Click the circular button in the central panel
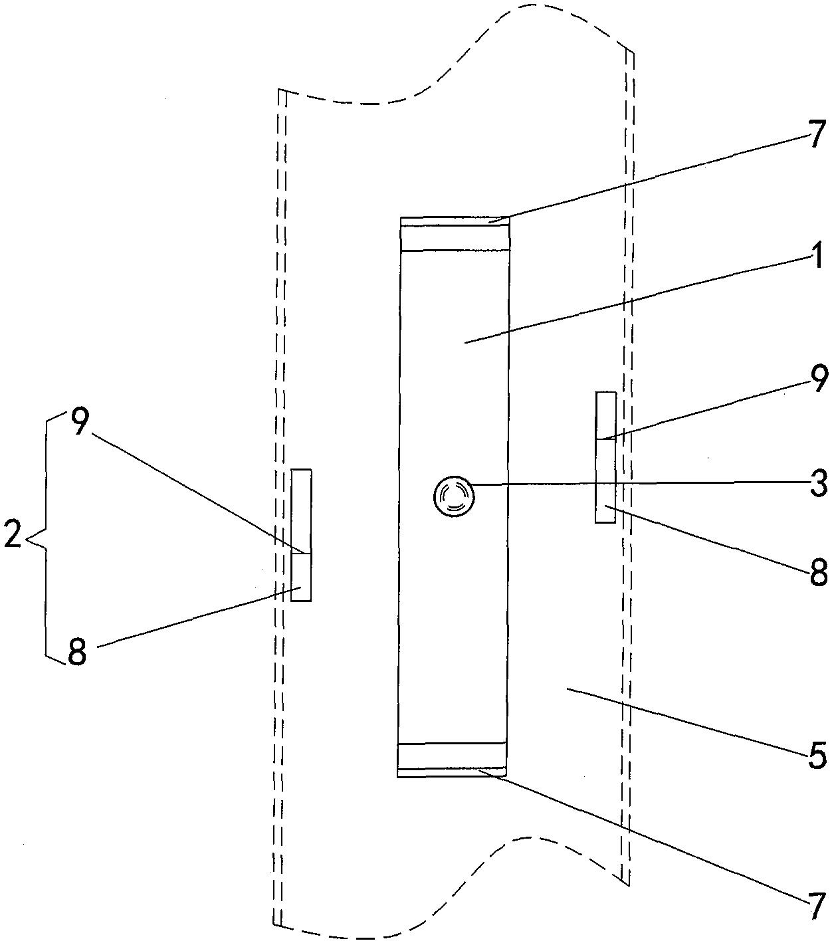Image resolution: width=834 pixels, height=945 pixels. [x=453, y=496]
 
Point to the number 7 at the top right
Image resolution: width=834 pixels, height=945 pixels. [x=817, y=134]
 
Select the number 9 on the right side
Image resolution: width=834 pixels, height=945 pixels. [x=817, y=379]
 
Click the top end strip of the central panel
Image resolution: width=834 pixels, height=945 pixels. [x=455, y=233]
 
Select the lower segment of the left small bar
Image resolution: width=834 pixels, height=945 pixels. [x=301, y=577]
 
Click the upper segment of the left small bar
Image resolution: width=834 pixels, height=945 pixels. [x=301, y=511]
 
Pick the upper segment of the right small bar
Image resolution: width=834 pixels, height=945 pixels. [x=605, y=415]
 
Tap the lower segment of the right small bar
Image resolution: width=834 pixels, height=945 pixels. [x=605, y=480]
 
